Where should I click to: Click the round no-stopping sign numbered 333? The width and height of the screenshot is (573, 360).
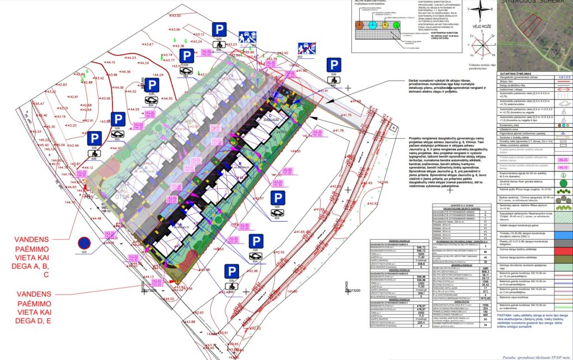click(x=84, y=243)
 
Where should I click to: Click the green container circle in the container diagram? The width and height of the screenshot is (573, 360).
click(x=396, y=25)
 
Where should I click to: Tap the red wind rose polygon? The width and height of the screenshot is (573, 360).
click(x=479, y=46)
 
